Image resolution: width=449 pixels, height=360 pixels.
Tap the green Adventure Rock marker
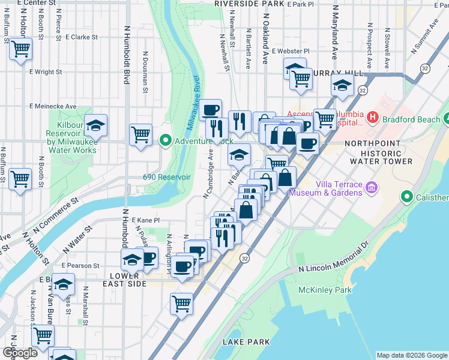click(x=166, y=141)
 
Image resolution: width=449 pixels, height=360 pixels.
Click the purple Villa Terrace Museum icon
click(x=372, y=188)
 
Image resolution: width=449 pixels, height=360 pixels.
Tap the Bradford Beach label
click(x=411, y=119)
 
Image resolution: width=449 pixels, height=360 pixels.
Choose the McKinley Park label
click(x=325, y=290)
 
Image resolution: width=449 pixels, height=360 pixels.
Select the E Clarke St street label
click(x=82, y=37)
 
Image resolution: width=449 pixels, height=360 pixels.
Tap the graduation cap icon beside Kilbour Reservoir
click(x=95, y=125)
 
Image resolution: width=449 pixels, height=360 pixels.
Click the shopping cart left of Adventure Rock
click(x=140, y=133)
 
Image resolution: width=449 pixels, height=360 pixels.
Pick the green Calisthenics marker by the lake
click(x=408, y=197)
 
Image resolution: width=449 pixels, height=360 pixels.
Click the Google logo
click(x=20, y=353)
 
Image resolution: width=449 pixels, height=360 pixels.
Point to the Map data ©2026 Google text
click(x=411, y=355)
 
